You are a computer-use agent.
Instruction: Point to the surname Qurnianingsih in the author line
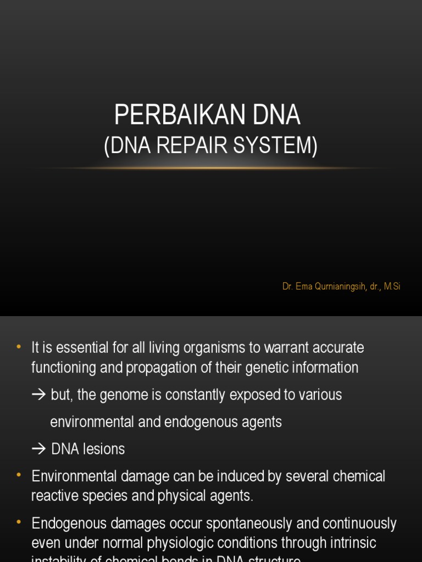(338, 286)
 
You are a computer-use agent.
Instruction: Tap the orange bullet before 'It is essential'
(19, 347)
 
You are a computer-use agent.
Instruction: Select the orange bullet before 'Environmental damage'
(19, 475)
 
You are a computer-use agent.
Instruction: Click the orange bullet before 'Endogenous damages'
(19, 522)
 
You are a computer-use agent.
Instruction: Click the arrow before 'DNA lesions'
(38, 449)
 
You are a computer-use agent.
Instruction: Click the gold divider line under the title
(211, 168)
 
